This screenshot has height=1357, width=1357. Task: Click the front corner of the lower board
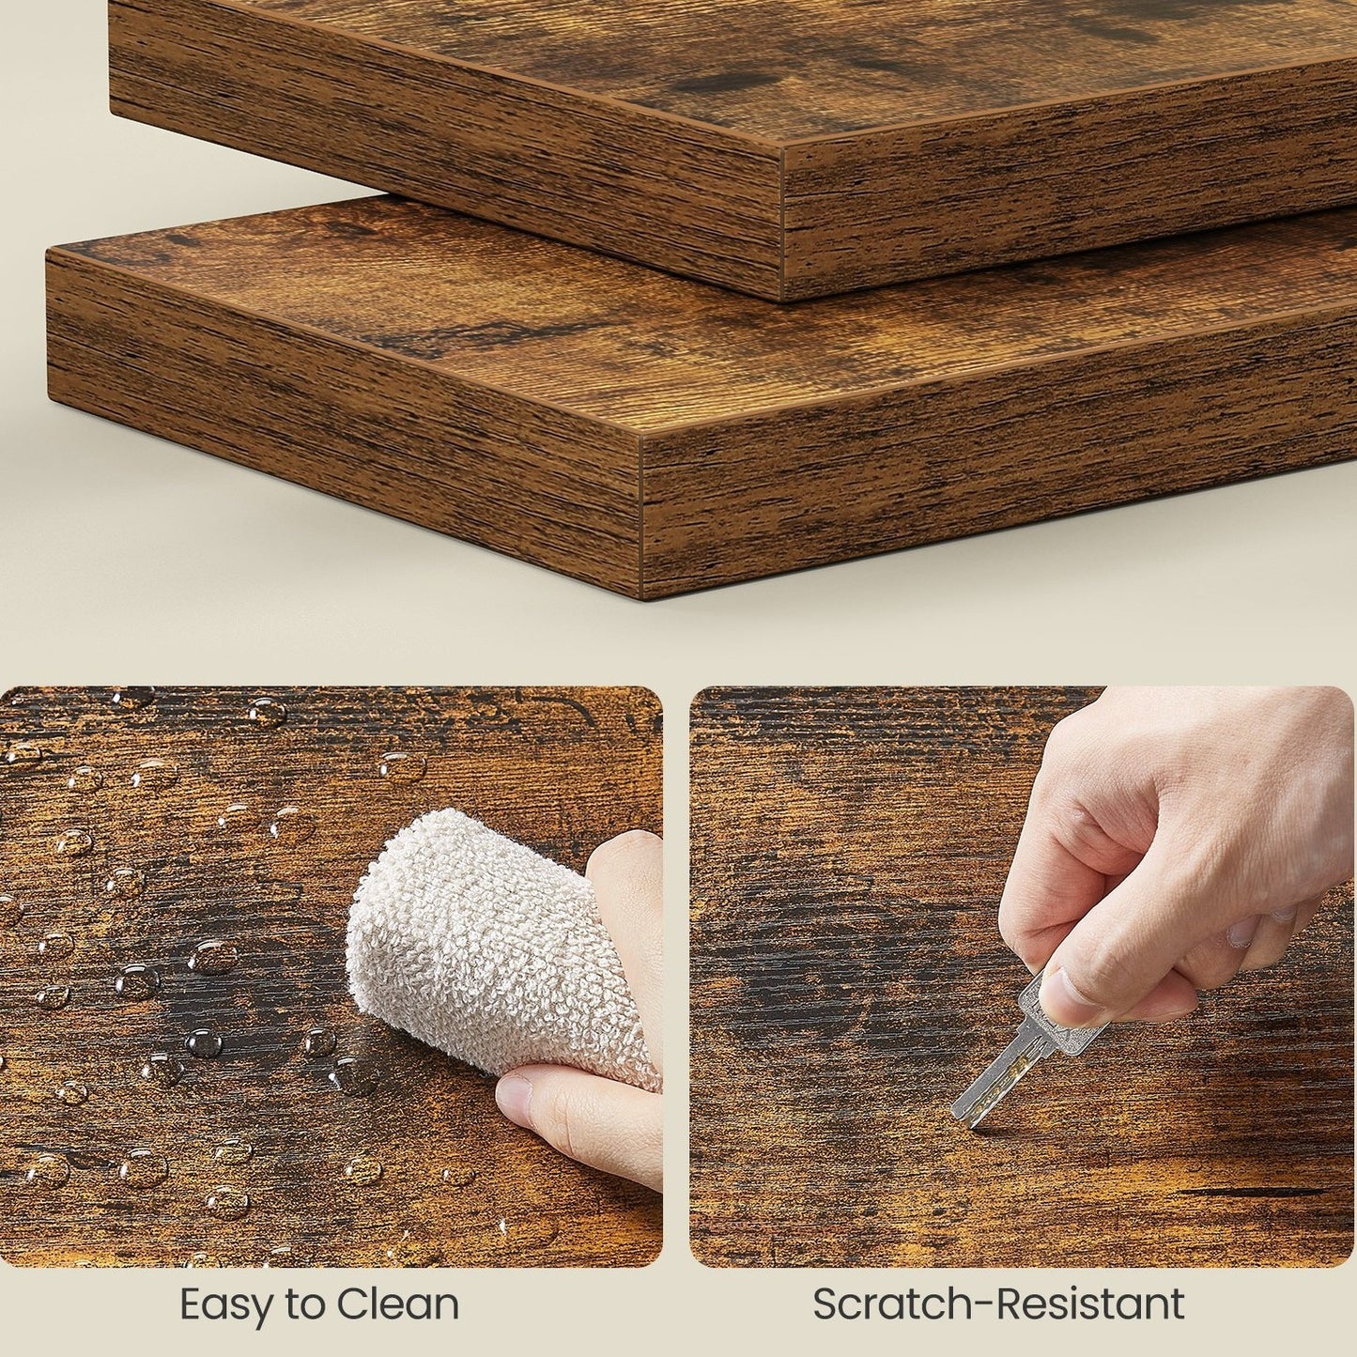click(x=643, y=451)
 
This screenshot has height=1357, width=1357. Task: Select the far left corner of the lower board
click(x=48, y=254)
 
